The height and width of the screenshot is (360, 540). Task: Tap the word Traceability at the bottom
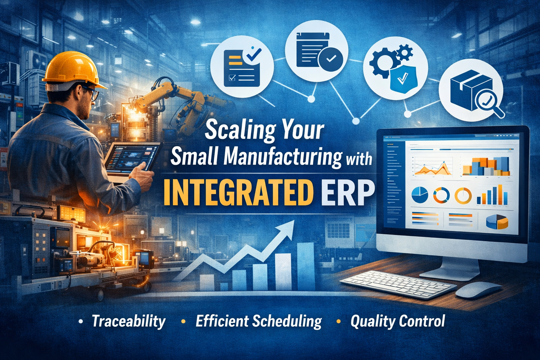(x=128, y=321)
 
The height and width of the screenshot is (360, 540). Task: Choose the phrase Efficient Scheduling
(x=258, y=321)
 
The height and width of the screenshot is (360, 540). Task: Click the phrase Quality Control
(x=398, y=321)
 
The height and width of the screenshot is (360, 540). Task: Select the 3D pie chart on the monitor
(x=497, y=221)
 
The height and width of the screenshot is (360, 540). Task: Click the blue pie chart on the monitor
(x=419, y=194)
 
